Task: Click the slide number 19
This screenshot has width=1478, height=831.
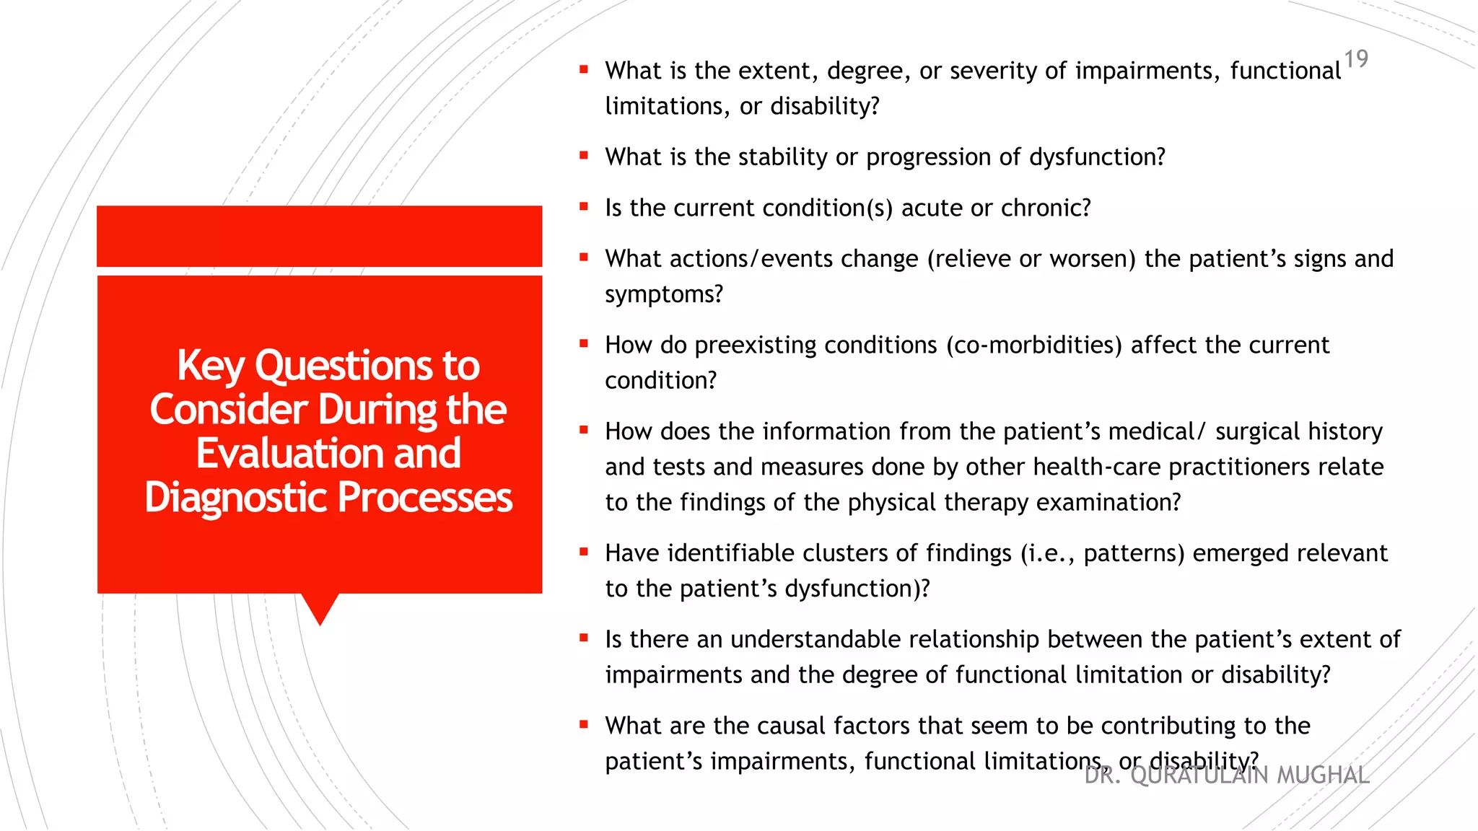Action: pyautogui.click(x=1356, y=58)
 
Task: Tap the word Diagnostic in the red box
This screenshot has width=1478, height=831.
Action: pyautogui.click(x=235, y=498)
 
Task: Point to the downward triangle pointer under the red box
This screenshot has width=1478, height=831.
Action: pyautogui.click(x=320, y=607)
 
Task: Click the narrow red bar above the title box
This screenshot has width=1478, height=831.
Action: pyautogui.click(x=320, y=236)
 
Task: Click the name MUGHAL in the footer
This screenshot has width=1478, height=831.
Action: pyautogui.click(x=1323, y=775)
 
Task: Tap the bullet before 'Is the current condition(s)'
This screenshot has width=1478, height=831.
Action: pyautogui.click(x=584, y=206)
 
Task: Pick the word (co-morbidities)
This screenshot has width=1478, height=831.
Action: pyautogui.click(x=1033, y=346)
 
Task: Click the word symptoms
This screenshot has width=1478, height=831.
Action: pyautogui.click(x=663, y=294)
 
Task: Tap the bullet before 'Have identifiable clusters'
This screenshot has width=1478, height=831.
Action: pyautogui.click(x=584, y=552)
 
